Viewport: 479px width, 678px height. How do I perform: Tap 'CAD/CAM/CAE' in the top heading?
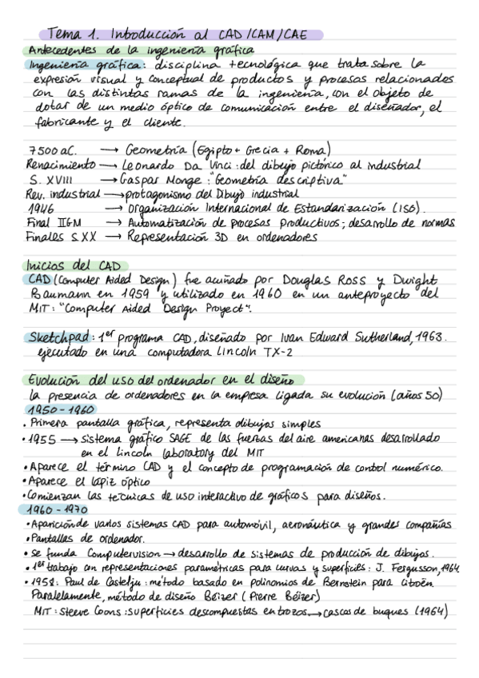pos(263,34)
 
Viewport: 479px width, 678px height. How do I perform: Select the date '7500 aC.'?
pos(50,150)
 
